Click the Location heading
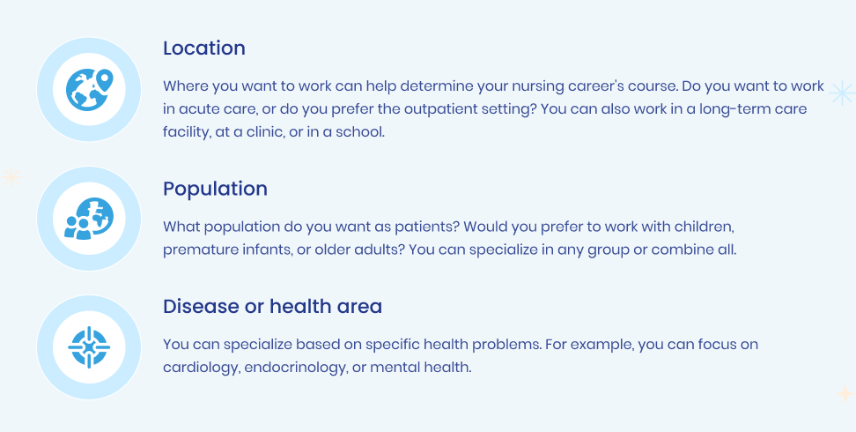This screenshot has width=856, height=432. click(x=204, y=48)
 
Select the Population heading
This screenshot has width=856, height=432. click(x=215, y=190)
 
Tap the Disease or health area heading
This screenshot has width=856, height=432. click(x=272, y=306)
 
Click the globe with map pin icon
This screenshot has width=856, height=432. click(x=89, y=90)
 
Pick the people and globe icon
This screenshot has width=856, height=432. click(x=89, y=218)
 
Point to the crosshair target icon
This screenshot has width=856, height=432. click(x=89, y=347)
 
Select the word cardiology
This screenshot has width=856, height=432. click(x=202, y=368)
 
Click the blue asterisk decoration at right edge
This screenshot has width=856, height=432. click(x=843, y=93)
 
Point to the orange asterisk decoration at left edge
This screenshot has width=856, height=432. click(x=11, y=177)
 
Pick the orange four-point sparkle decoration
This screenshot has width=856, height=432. click(x=845, y=394)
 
